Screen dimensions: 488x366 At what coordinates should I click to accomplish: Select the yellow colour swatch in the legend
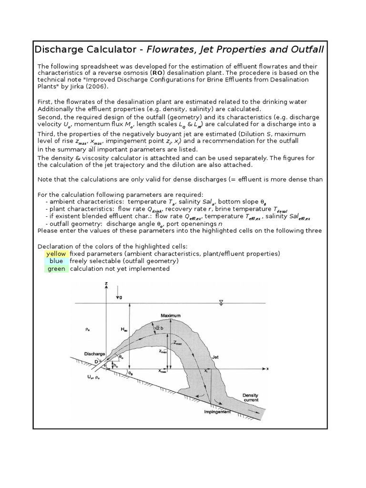[x=56, y=254]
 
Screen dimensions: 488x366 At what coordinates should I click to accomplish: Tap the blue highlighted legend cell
[x=56, y=261]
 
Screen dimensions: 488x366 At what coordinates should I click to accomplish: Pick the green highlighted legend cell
[x=56, y=268]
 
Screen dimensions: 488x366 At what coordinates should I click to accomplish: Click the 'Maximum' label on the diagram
[x=171, y=315]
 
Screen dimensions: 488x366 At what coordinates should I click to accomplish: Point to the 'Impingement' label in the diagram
[x=217, y=411]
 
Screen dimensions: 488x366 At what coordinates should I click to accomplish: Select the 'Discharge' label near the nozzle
[x=94, y=354]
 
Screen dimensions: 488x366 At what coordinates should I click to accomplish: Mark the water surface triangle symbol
[x=220, y=302]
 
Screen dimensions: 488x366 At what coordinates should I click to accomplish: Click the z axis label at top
[x=105, y=284]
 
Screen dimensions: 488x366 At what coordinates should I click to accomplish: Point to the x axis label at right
[x=268, y=368]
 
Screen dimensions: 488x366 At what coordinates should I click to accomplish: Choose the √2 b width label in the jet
[x=157, y=327]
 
